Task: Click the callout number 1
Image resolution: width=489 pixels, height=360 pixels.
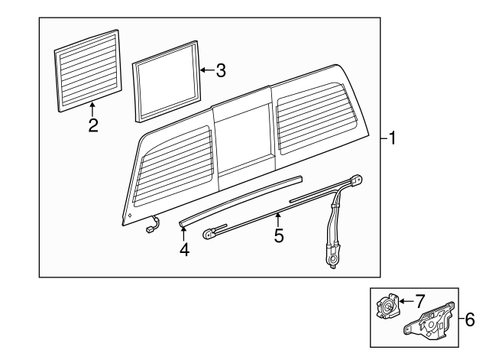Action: click(x=392, y=139)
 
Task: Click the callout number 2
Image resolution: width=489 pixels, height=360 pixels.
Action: click(x=92, y=126)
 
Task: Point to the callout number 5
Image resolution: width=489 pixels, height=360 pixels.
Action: click(x=278, y=236)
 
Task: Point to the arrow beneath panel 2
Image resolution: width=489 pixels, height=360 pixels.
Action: click(x=92, y=109)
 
